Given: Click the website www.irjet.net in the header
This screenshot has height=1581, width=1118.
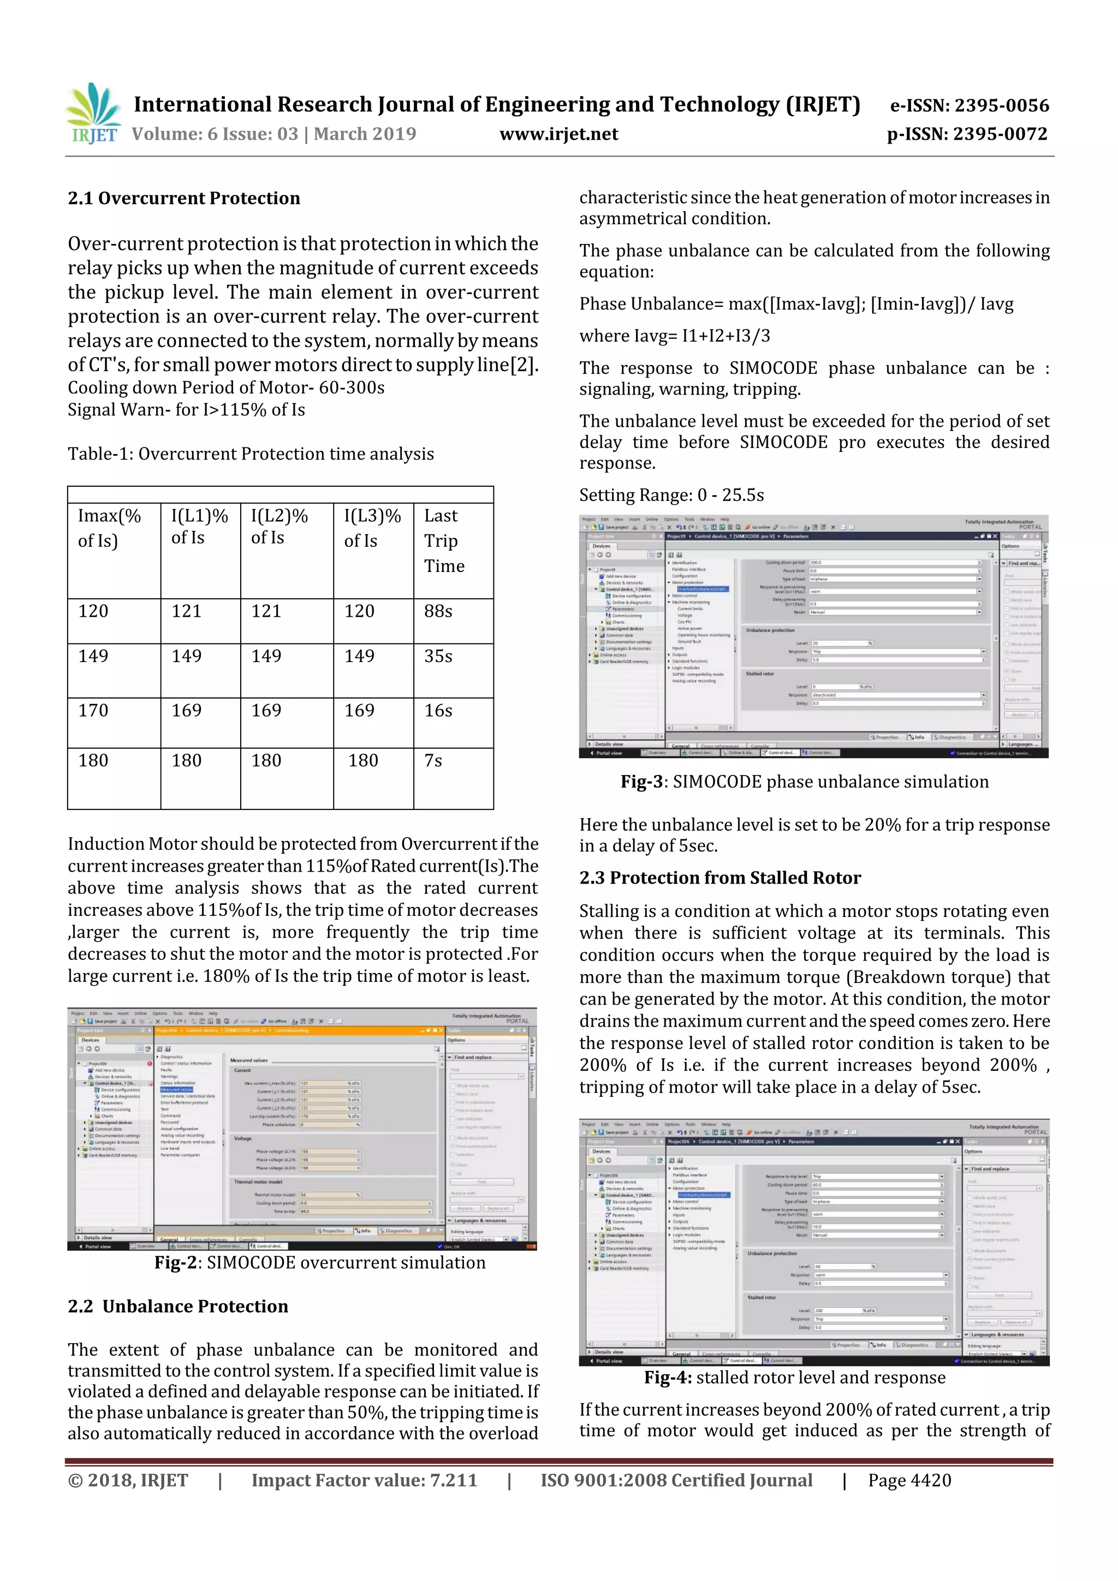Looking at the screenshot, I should click(558, 134).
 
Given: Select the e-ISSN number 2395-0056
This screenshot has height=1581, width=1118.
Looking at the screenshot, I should click(969, 105).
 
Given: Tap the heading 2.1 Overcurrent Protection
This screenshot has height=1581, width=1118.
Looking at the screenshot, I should click(184, 198).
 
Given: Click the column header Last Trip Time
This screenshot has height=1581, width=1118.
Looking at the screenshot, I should click(444, 541).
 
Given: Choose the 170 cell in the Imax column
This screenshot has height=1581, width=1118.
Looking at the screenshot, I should click(93, 711).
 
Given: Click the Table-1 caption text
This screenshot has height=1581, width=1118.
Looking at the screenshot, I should click(251, 454).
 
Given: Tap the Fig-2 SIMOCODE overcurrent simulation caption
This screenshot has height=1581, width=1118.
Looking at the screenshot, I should click(320, 1262).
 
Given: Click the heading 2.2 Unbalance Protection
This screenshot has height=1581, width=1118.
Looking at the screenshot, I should click(178, 1306).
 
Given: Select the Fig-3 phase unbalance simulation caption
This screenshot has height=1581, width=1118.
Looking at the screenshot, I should click(804, 781).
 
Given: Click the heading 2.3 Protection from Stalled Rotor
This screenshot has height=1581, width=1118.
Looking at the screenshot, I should click(720, 878).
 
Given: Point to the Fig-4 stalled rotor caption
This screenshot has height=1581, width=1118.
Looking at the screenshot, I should click(794, 1377).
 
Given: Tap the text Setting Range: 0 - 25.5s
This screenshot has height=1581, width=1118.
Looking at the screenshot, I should click(671, 495).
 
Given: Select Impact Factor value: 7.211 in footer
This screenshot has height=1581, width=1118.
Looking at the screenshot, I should click(364, 1481).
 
